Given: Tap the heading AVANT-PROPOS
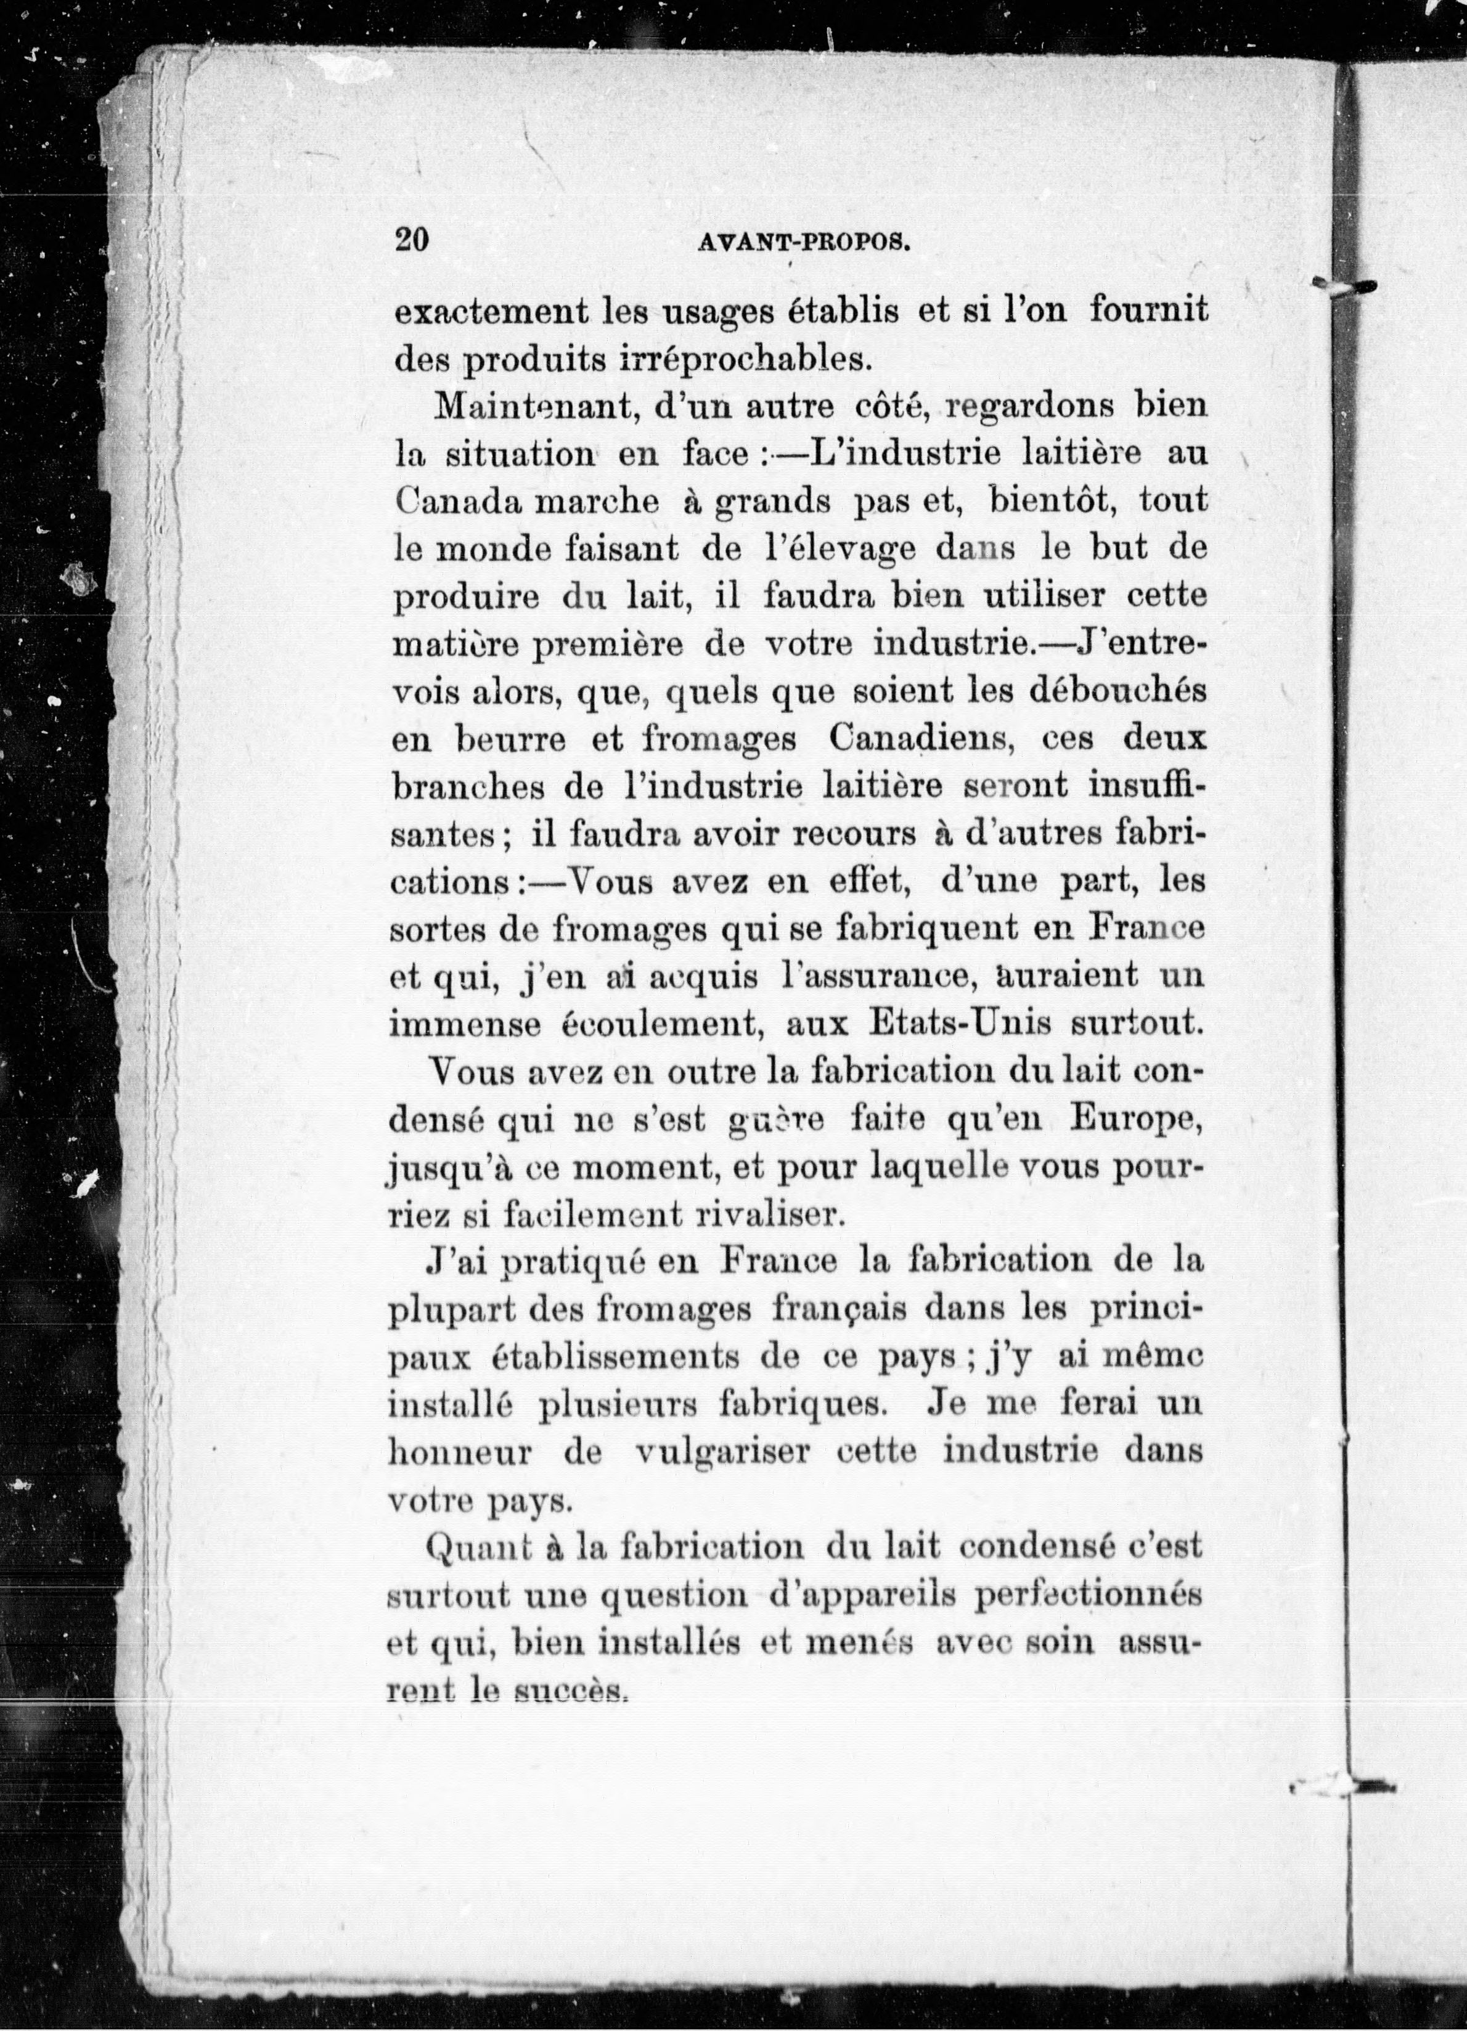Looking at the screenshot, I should [x=803, y=242].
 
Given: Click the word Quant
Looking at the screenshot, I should [x=479, y=1547].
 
